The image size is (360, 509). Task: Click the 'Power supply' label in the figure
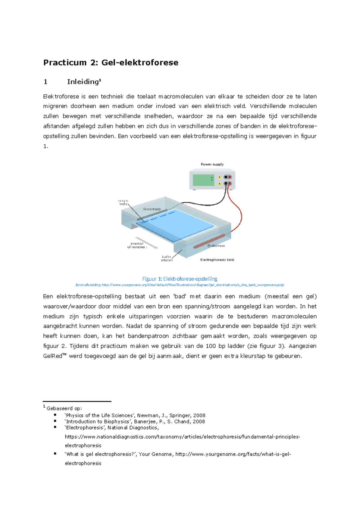(x=212, y=164)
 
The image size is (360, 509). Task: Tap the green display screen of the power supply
(x=203, y=180)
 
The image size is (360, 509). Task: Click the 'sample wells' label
(x=123, y=202)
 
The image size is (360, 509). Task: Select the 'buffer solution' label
(x=166, y=258)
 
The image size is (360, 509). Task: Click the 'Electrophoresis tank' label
(x=217, y=260)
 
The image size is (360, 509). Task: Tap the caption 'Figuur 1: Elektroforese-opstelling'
(x=180, y=279)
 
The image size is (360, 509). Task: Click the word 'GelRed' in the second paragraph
(x=52, y=356)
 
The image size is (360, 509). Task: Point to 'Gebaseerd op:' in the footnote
(x=64, y=408)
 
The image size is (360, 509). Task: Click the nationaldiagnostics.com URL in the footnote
(x=182, y=437)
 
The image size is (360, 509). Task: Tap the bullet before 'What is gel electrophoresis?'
(x=55, y=454)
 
